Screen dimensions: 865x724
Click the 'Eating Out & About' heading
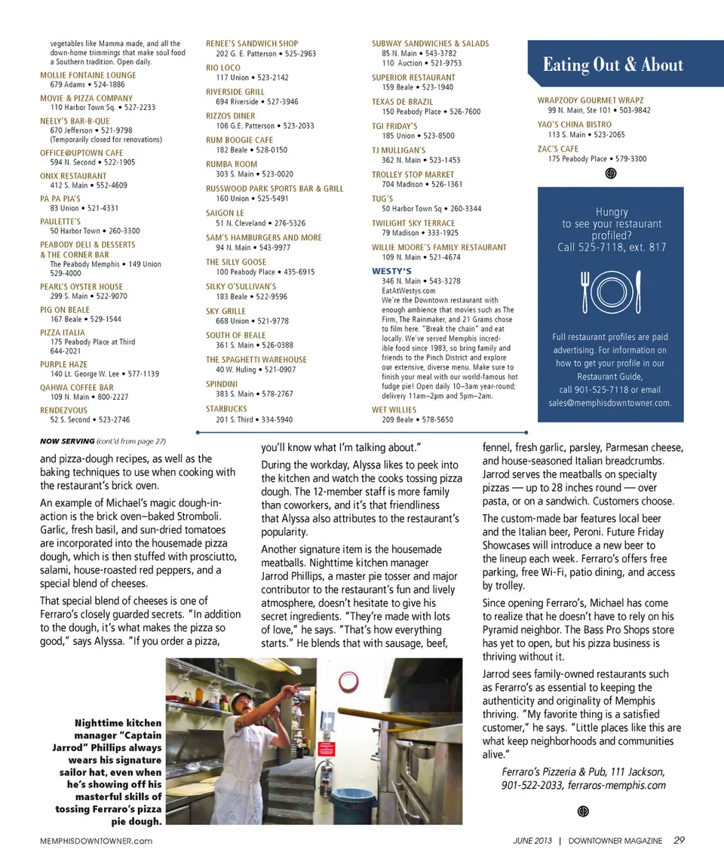click(612, 65)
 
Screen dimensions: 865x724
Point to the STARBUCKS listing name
click(226, 409)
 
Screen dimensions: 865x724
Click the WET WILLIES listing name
click(393, 409)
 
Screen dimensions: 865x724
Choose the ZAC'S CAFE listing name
click(558, 149)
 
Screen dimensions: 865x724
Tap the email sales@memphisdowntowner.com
click(609, 403)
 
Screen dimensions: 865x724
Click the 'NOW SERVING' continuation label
click(66, 440)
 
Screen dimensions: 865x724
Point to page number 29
click(679, 840)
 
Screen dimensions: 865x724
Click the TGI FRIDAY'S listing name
click(394, 126)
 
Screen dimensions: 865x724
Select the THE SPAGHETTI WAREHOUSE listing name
click(256, 360)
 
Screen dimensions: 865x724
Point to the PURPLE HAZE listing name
click(63, 364)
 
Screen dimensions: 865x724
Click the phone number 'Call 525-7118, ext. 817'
click(612, 247)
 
